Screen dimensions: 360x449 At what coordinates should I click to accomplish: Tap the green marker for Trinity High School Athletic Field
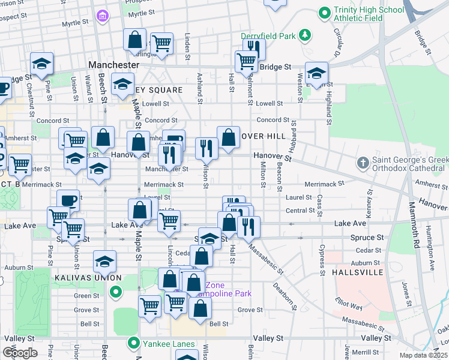pyautogui.click(x=325, y=12)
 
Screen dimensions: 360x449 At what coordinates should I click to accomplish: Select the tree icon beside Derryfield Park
pyautogui.click(x=305, y=35)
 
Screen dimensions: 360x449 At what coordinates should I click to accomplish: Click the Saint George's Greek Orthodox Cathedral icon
pyautogui.click(x=363, y=163)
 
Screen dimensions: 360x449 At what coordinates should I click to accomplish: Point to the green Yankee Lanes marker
pyautogui.click(x=133, y=344)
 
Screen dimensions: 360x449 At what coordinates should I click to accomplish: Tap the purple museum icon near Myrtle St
pyautogui.click(x=103, y=14)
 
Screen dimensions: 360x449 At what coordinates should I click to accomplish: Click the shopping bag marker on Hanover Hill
pyautogui.click(x=228, y=137)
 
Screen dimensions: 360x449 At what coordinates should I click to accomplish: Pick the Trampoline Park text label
pyautogui.click(x=228, y=293)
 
